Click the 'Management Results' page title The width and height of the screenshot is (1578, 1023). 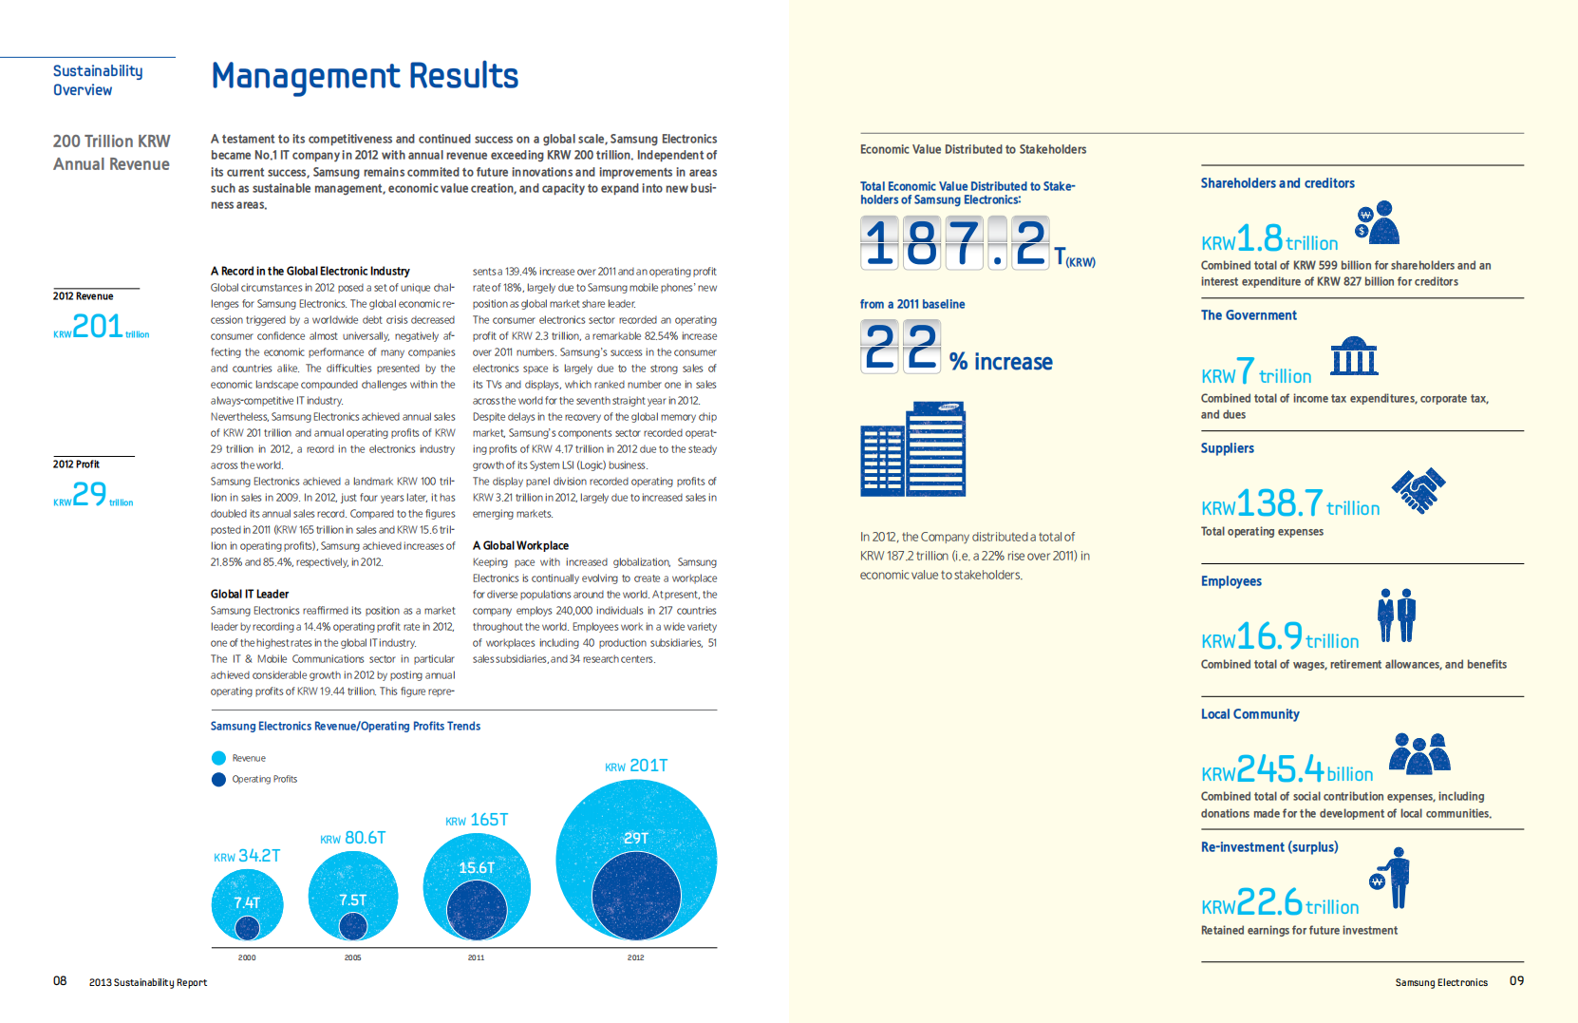(365, 76)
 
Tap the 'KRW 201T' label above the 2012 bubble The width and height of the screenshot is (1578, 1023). (636, 766)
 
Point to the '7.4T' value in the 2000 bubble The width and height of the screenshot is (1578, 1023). (247, 902)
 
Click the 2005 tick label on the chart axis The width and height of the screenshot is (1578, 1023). (352, 957)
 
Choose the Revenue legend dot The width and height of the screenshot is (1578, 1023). (219, 758)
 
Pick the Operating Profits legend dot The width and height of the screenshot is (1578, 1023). (219, 779)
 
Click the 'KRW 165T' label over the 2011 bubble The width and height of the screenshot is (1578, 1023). (477, 820)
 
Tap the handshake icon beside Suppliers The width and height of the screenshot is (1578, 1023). (1418, 491)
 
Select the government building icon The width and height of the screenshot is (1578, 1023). (1354, 356)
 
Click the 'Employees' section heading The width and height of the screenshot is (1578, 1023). (1230, 581)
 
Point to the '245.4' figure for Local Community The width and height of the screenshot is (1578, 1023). (1280, 768)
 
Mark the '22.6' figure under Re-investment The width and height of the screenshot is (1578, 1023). (1269, 901)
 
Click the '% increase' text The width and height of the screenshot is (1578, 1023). (1001, 362)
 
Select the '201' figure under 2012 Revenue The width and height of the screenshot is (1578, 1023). (98, 327)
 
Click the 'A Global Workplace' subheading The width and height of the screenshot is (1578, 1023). (520, 545)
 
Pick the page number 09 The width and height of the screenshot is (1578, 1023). (1516, 980)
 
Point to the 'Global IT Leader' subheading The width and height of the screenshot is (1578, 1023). (250, 594)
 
